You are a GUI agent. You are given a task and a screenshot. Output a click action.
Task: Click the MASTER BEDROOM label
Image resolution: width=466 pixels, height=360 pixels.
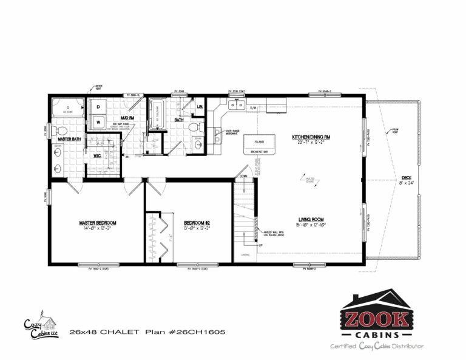(97, 222)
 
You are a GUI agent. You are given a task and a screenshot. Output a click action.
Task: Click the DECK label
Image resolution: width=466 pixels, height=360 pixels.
(407, 178)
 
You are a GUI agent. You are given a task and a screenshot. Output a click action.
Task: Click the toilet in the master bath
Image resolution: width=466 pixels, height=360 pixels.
(61, 130)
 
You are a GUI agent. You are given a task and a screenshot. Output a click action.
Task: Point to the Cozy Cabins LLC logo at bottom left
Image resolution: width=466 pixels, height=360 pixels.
(40, 328)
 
